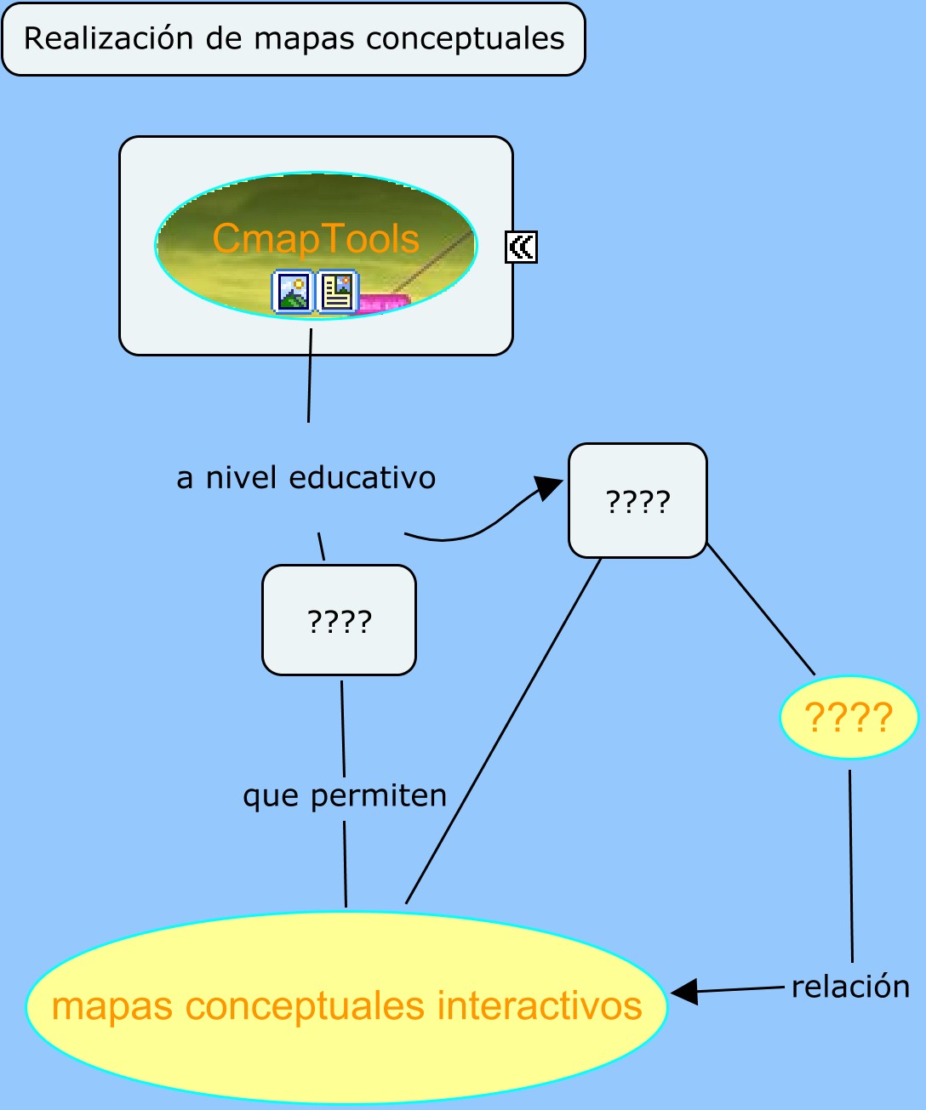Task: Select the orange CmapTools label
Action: (x=316, y=239)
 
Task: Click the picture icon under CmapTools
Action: (x=292, y=292)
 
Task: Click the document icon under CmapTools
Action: (x=338, y=292)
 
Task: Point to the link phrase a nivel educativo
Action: (x=306, y=478)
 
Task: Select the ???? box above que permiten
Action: (x=339, y=621)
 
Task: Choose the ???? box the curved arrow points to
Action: (x=637, y=501)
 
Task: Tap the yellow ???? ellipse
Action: (x=849, y=718)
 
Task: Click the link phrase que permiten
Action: (x=345, y=796)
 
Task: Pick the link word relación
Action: (x=850, y=987)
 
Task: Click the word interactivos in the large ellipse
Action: (x=540, y=1006)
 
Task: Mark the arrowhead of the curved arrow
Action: (x=549, y=488)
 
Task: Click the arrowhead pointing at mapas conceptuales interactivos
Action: (x=684, y=991)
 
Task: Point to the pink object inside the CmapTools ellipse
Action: (x=384, y=302)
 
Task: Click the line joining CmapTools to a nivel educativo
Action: (x=310, y=374)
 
